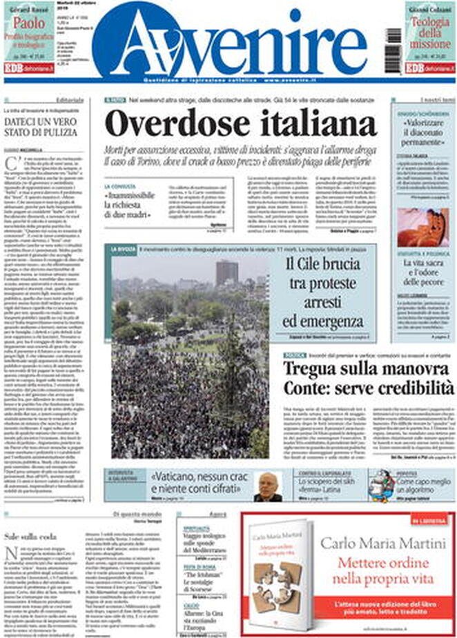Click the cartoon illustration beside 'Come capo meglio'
point(382,486)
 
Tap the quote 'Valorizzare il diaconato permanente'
point(423,127)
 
